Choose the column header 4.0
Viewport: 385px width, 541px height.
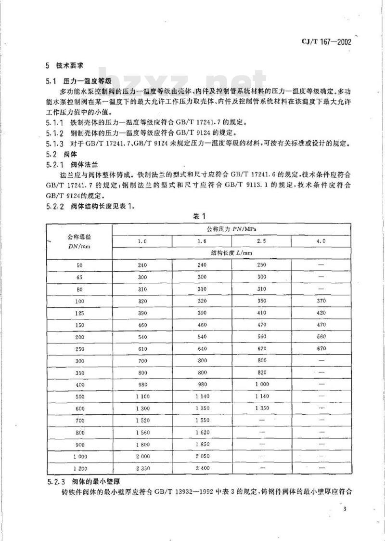321,240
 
